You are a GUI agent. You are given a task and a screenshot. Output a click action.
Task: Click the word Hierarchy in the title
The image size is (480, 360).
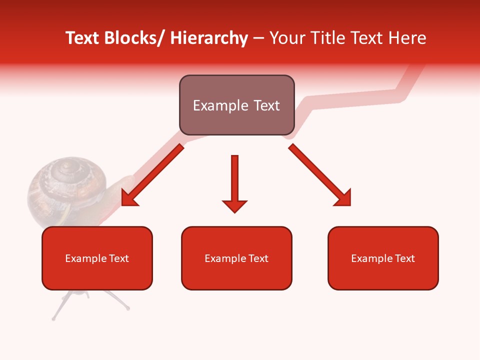(x=209, y=38)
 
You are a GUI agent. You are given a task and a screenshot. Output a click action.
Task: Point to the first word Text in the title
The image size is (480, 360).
(x=83, y=38)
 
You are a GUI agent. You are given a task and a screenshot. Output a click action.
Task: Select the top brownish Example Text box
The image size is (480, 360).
(x=236, y=105)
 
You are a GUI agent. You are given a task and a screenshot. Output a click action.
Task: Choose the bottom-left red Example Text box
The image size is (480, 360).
(x=97, y=258)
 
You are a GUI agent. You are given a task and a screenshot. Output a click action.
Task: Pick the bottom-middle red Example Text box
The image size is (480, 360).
(x=236, y=258)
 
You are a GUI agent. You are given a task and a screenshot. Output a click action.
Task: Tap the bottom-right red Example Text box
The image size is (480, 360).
(x=383, y=258)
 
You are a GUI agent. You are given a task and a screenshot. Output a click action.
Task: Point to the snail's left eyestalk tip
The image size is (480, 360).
(x=53, y=318)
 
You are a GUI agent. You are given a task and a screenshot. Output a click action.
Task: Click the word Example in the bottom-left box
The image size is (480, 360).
(x=84, y=258)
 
